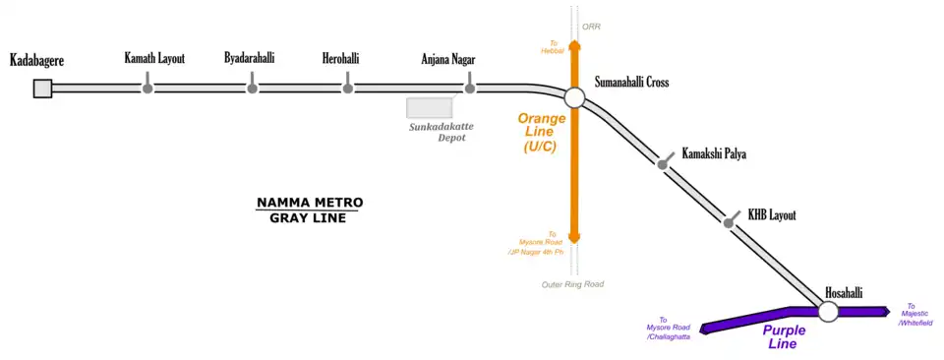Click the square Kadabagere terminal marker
(42, 89)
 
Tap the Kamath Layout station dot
(147, 89)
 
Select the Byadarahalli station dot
(253, 89)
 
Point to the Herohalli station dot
(347, 89)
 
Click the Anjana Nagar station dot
(470, 89)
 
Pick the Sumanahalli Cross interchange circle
(574, 97)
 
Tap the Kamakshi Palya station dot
(662, 164)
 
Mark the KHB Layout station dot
(729, 223)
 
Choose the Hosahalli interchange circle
(828, 311)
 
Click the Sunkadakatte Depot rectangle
(430, 107)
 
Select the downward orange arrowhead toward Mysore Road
(574, 238)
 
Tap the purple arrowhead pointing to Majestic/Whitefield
(886, 311)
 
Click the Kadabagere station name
(37, 60)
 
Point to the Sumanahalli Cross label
(631, 83)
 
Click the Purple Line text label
(784, 337)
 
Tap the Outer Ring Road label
(571, 284)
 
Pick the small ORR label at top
(591, 27)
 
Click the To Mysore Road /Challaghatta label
(669, 329)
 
